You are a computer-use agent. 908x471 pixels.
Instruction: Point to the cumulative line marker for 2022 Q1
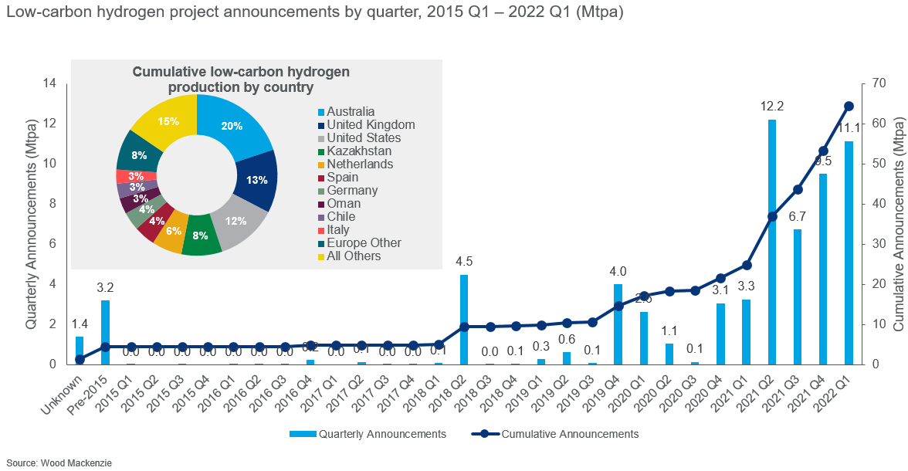click(x=849, y=106)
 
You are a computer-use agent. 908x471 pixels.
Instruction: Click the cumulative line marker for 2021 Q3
click(x=798, y=189)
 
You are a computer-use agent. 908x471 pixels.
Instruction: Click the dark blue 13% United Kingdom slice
click(x=257, y=180)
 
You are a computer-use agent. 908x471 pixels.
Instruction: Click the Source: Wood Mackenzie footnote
click(x=56, y=463)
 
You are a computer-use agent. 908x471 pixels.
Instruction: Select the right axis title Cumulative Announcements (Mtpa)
click(x=898, y=224)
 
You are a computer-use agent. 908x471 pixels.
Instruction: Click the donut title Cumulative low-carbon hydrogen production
click(x=241, y=80)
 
